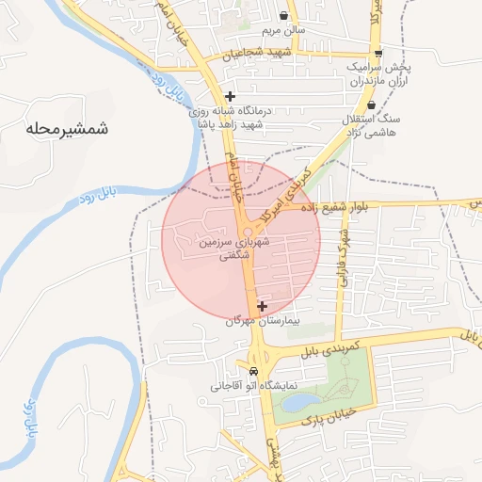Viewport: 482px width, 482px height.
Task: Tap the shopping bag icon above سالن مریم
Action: pos(284,15)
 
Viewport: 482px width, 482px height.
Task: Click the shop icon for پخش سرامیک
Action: pos(378,54)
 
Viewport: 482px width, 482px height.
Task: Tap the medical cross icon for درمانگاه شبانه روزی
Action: pos(230,96)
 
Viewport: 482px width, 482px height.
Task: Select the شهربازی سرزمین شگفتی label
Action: pos(243,249)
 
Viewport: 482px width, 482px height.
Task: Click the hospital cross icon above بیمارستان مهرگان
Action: pos(262,305)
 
